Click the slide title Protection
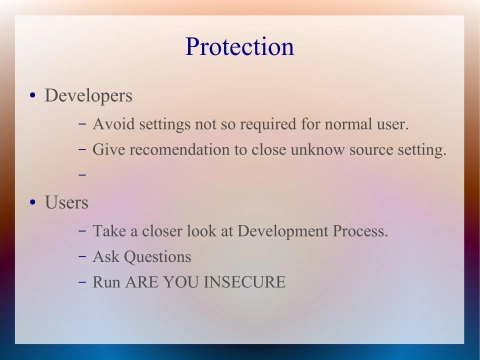point(240,47)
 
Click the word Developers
point(89,96)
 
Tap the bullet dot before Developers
point(32,97)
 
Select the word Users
point(66,202)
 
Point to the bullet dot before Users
point(32,203)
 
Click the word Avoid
point(113,124)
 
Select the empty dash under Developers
point(81,176)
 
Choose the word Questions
point(158,256)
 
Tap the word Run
point(107,282)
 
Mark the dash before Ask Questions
point(81,256)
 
